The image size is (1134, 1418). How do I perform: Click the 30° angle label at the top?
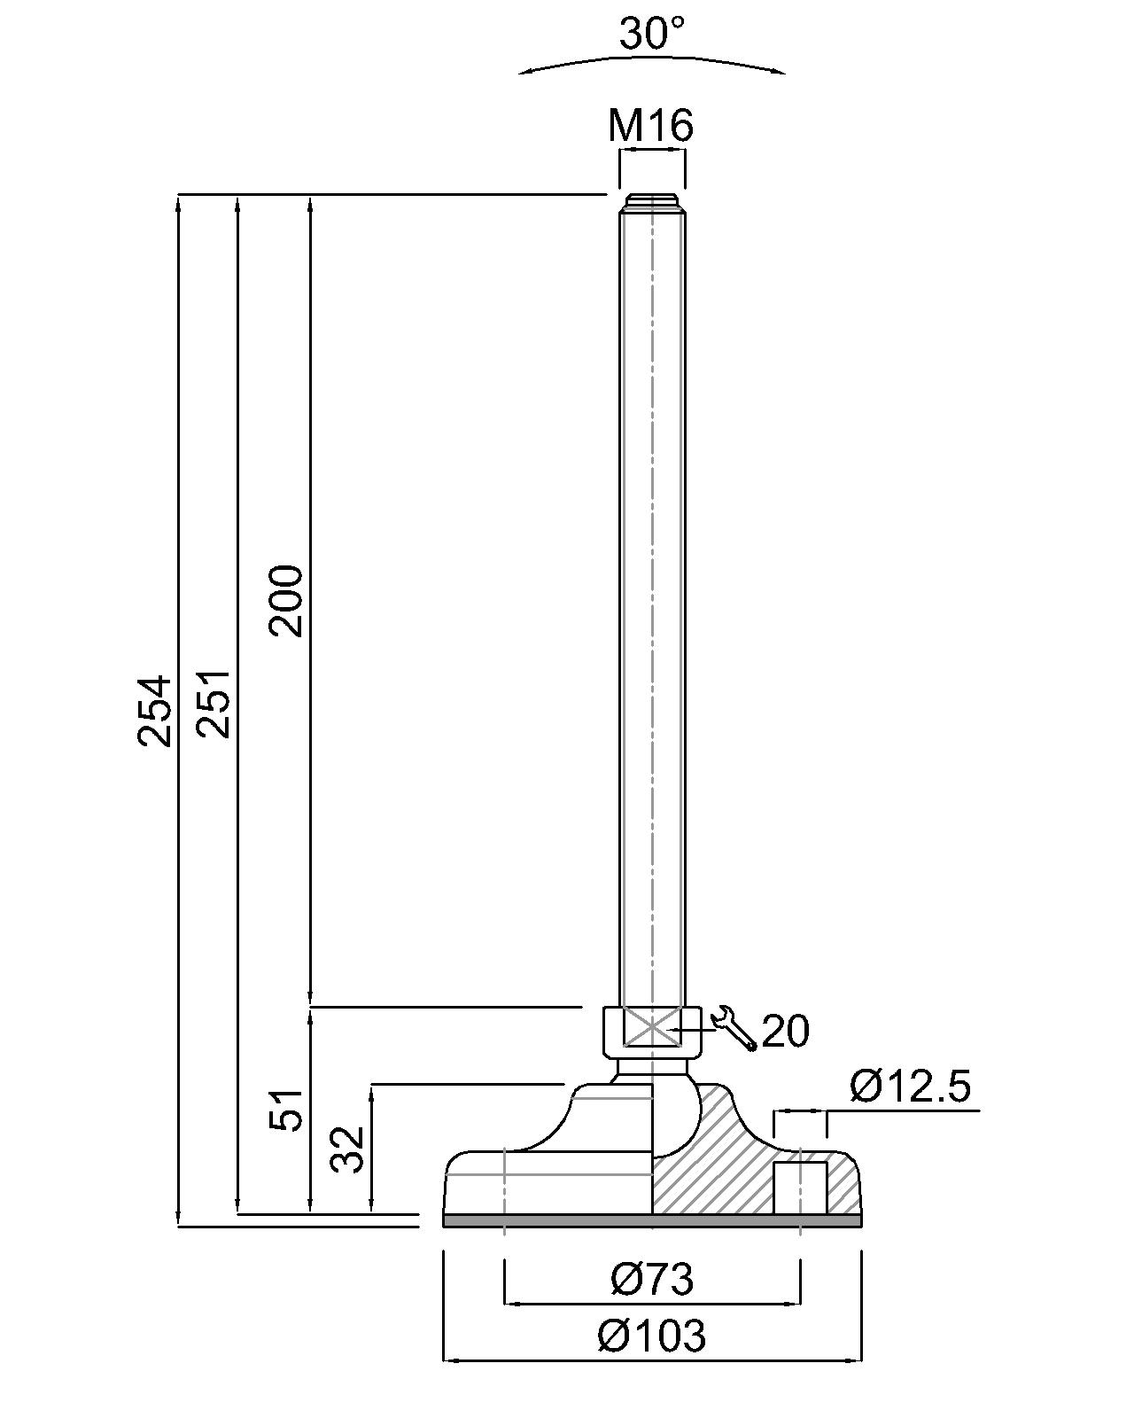click(651, 34)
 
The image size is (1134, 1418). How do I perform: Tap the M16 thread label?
click(651, 126)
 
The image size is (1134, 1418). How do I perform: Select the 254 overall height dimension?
click(154, 710)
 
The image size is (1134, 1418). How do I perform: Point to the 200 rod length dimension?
click(287, 600)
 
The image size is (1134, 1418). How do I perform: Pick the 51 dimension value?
click(287, 1109)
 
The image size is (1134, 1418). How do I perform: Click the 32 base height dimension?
click(348, 1149)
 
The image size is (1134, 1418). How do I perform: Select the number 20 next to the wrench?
click(786, 1031)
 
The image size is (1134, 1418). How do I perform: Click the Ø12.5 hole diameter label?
click(911, 1087)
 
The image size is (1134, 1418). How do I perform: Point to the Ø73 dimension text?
click(651, 1279)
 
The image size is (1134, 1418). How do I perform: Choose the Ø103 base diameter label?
click(651, 1335)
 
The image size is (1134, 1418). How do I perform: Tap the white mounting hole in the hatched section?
click(801, 1188)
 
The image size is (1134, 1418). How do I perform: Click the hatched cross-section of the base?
click(718, 1170)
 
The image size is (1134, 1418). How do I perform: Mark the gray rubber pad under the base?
click(651, 1220)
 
